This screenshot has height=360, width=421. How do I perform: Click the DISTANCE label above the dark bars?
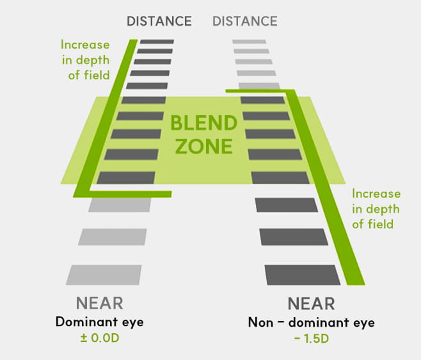tap(159, 21)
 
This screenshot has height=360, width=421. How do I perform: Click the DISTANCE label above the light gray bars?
tap(245, 21)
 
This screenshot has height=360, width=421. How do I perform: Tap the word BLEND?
tap(204, 123)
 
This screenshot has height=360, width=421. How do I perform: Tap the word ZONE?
tap(204, 146)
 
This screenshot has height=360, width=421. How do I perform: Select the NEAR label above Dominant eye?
tap(100, 303)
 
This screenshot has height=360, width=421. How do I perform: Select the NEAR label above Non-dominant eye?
tap(311, 304)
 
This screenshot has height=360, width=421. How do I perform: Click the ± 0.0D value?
tap(100, 338)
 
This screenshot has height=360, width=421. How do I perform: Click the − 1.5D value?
tap(311, 338)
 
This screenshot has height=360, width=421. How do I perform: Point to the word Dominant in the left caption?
tap(86, 322)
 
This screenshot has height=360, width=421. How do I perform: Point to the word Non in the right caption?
tap(260, 322)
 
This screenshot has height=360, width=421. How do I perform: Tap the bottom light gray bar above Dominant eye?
tap(104, 275)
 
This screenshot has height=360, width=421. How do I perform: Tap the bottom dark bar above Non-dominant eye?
tap(303, 275)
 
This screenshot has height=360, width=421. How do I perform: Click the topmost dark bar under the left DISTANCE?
tap(157, 42)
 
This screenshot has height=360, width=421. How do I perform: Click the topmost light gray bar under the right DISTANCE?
tap(250, 42)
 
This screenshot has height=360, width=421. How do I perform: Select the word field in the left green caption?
tap(97, 75)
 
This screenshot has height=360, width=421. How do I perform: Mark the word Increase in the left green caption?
tap(85, 45)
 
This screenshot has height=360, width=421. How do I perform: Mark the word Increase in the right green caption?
tap(376, 194)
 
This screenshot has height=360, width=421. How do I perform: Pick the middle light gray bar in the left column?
tap(113, 237)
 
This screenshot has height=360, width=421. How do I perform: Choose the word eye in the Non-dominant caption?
tap(364, 323)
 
